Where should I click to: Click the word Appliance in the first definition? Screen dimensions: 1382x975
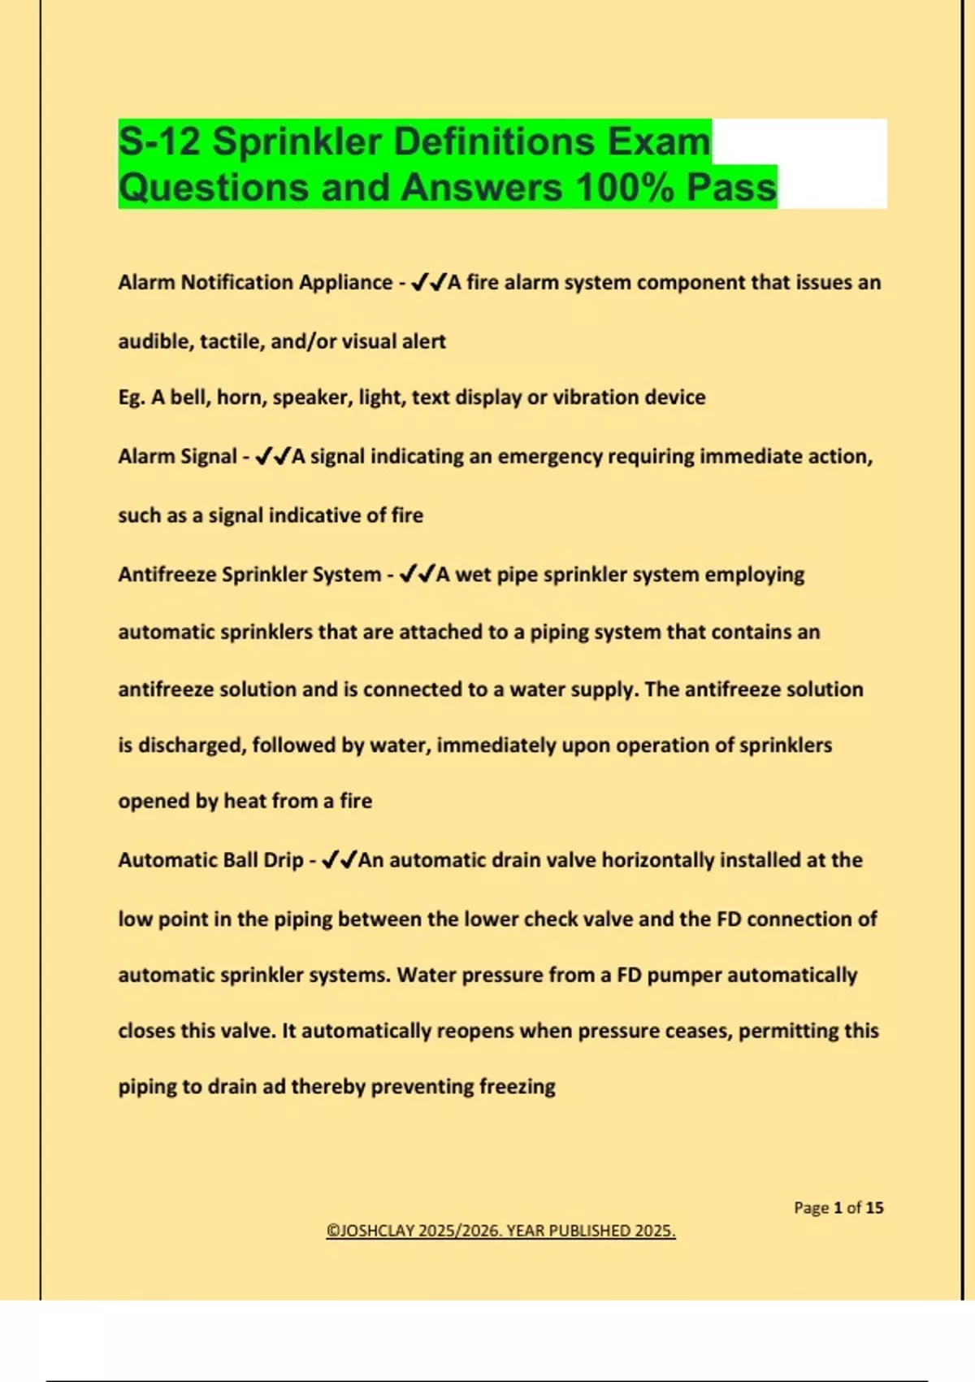tap(345, 282)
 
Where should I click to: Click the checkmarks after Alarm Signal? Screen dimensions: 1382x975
tap(272, 457)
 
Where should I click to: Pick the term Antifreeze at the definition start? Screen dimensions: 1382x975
tap(167, 575)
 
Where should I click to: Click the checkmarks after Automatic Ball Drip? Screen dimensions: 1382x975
tap(339, 860)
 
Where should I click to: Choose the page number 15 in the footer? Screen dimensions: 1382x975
tap(874, 1208)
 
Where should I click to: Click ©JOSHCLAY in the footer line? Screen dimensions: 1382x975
tap(370, 1231)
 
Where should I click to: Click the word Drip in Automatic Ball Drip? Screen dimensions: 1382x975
tap(283, 860)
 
